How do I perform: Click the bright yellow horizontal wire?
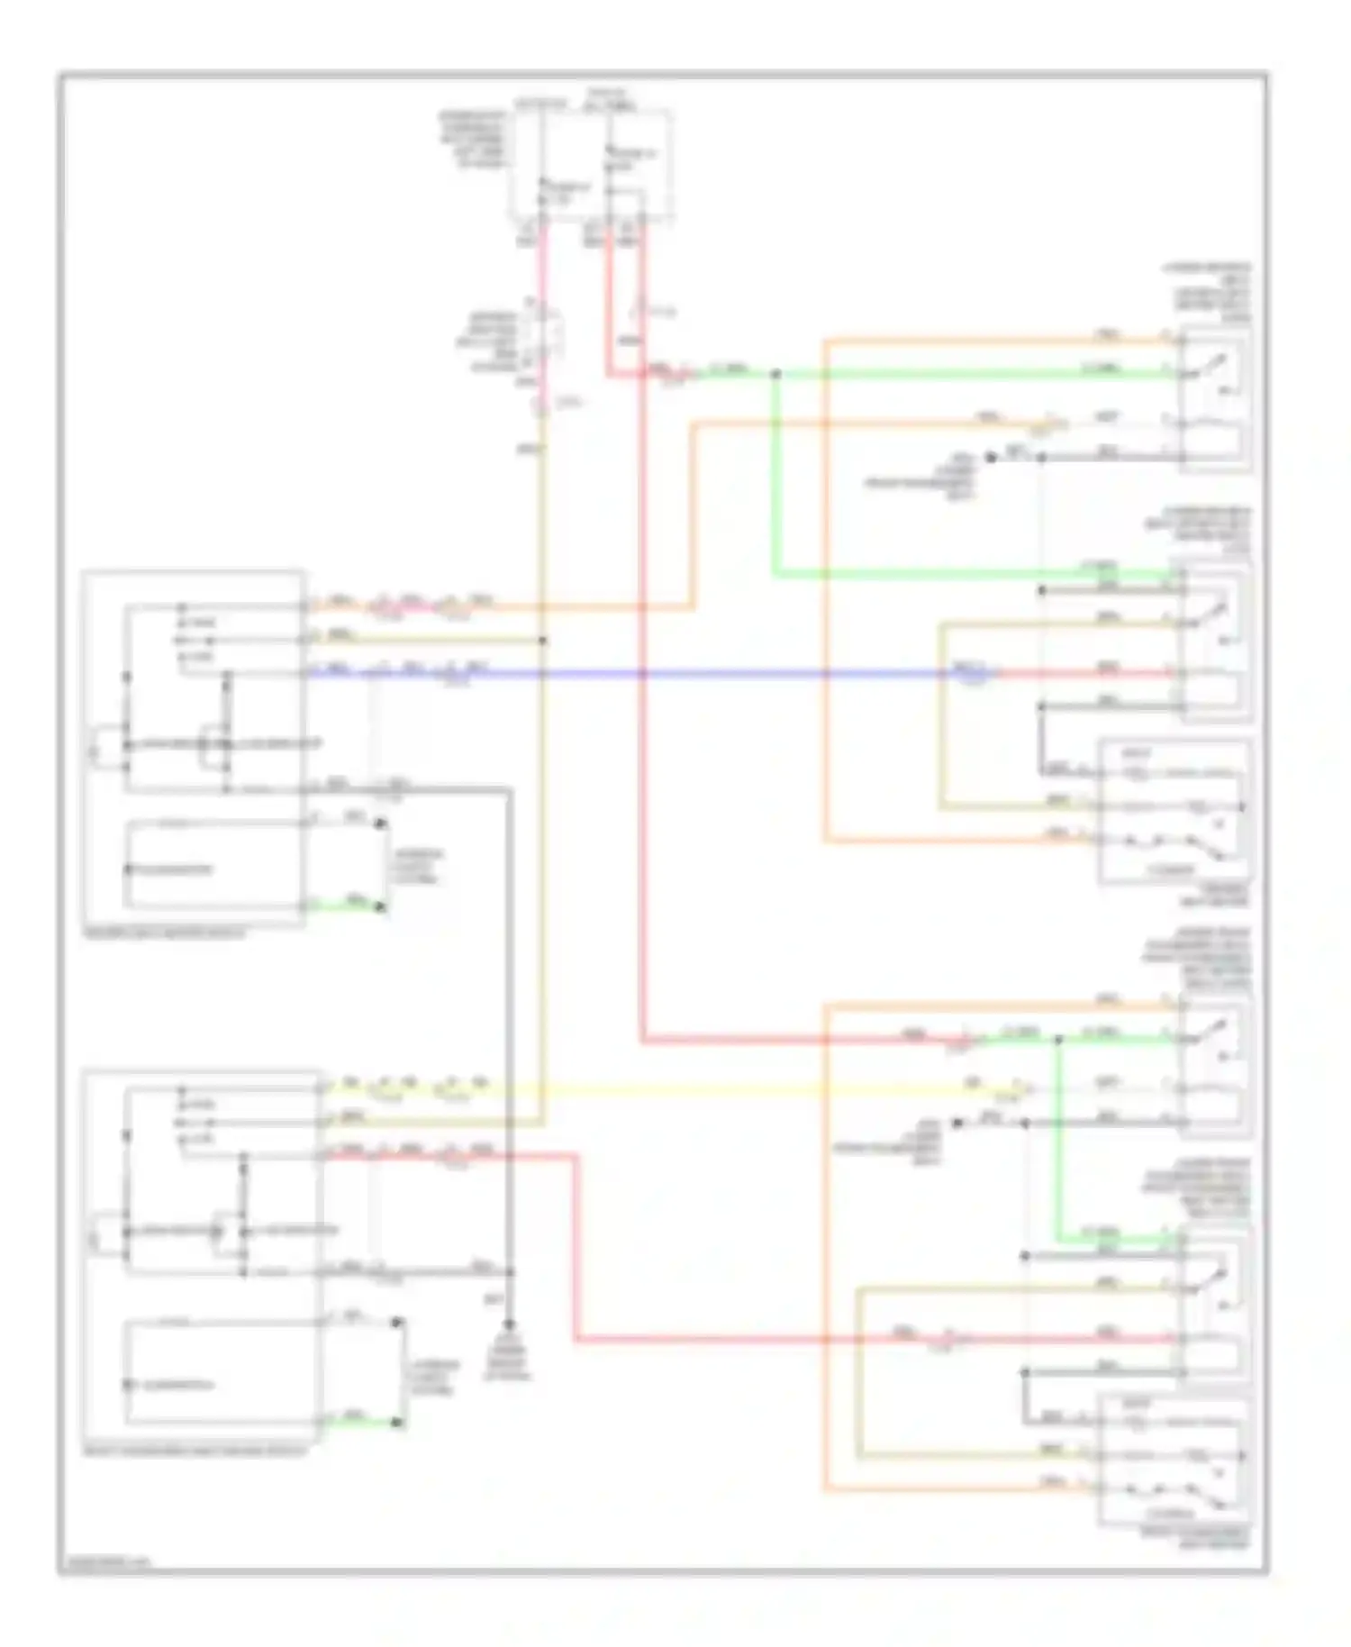[x=721, y=1091]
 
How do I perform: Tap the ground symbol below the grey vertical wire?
[x=508, y=1326]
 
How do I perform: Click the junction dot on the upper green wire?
[x=775, y=373]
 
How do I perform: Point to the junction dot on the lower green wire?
[x=1059, y=1039]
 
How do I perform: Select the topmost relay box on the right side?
[x=1215, y=400]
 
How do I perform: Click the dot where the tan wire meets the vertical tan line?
[x=543, y=641]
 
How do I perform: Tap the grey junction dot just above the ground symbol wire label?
[x=510, y=1272]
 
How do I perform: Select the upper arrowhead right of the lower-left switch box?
[x=396, y=1323]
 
